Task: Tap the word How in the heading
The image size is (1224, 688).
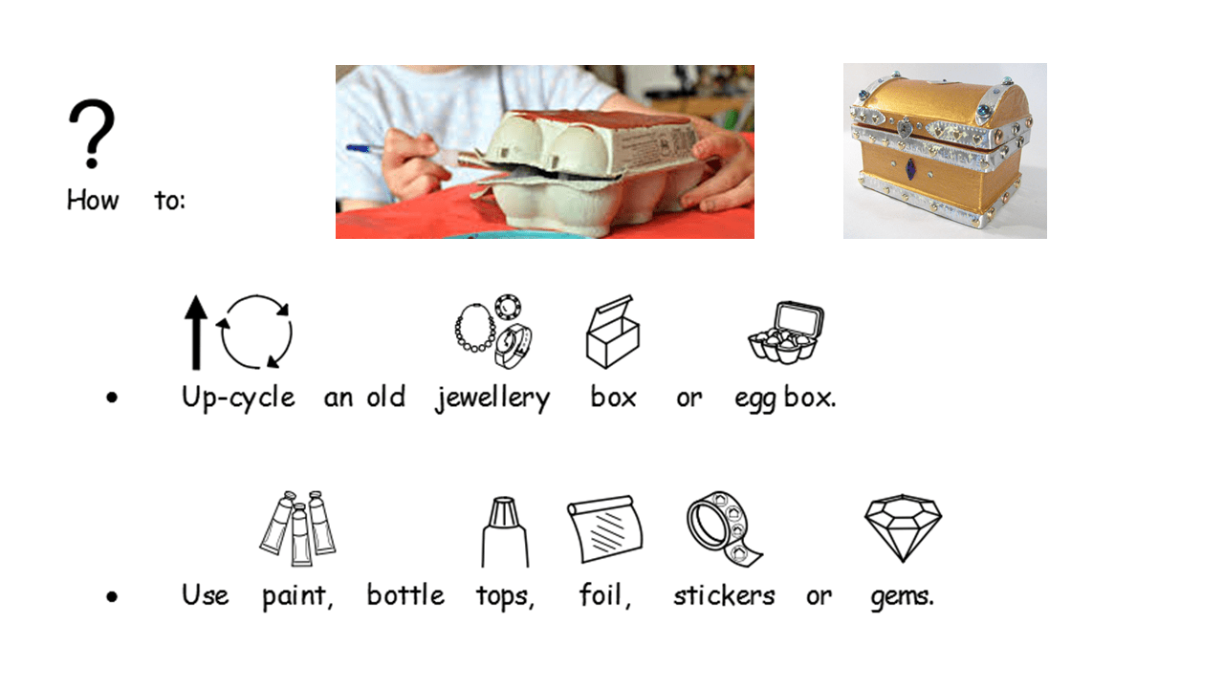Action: pos(93,200)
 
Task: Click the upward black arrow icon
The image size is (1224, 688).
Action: pos(196,333)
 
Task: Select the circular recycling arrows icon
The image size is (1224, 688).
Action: pos(255,332)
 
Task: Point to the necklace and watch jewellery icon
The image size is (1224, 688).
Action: pos(494,332)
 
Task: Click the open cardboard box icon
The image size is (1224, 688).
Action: pos(613,332)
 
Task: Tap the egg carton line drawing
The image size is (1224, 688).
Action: pos(786,333)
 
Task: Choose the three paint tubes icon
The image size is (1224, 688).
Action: pos(297,528)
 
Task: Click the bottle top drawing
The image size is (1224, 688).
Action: pos(504,532)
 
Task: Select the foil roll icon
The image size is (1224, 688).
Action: pos(604,528)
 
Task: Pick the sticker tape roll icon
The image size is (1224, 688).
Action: pos(724,528)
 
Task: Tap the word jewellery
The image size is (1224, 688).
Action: pos(492,398)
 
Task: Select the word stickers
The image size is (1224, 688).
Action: pos(724,595)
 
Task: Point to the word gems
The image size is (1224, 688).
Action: pos(902,597)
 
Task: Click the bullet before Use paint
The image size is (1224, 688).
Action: pos(112,597)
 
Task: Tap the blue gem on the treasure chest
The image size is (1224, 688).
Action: pos(911,167)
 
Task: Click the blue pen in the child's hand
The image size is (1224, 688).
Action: pos(362,148)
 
